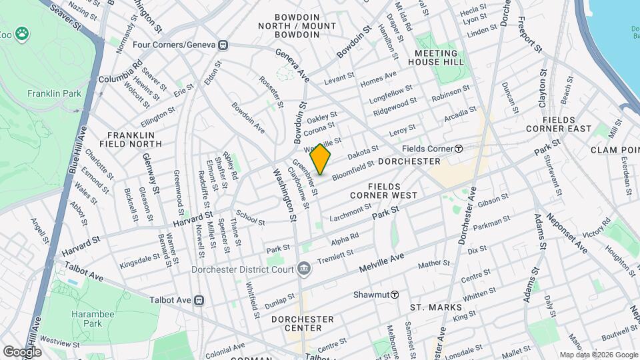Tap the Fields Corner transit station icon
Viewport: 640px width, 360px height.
(459, 149)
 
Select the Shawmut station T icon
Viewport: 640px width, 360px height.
(395, 295)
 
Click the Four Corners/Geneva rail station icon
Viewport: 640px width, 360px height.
(223, 45)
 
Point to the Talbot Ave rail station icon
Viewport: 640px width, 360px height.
(199, 300)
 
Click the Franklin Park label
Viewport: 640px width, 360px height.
(54, 94)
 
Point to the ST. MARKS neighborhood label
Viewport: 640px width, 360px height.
(435, 307)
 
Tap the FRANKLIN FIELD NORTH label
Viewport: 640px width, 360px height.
(127, 139)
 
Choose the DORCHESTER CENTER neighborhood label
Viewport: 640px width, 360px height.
(303, 324)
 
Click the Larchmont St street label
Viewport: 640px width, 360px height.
(349, 211)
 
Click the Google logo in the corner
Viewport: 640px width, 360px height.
(22, 351)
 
